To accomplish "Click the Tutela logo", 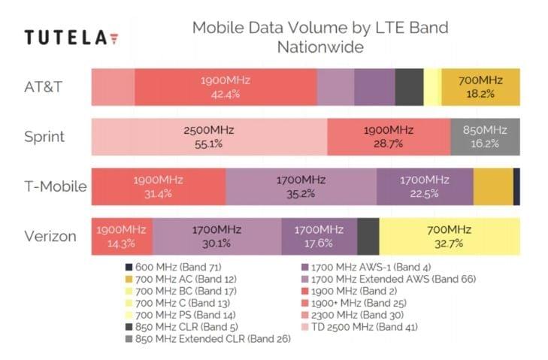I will [x=71, y=37].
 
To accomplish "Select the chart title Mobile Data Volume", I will [x=319, y=29].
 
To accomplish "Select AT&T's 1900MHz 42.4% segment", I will [x=226, y=86].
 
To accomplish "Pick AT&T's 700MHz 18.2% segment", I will [x=480, y=86].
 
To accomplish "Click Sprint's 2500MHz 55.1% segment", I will [x=209, y=137].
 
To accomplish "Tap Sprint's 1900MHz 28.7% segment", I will [x=389, y=137].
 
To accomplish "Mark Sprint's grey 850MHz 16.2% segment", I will [x=485, y=137].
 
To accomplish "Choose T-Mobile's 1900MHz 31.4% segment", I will [x=158, y=186].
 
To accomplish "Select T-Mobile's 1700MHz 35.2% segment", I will [x=301, y=186].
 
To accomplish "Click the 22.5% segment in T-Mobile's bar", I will [x=425, y=186].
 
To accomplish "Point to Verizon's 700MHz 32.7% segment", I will [x=449, y=237].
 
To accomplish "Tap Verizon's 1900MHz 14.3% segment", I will [x=122, y=237].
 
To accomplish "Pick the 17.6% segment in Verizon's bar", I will [x=319, y=237].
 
